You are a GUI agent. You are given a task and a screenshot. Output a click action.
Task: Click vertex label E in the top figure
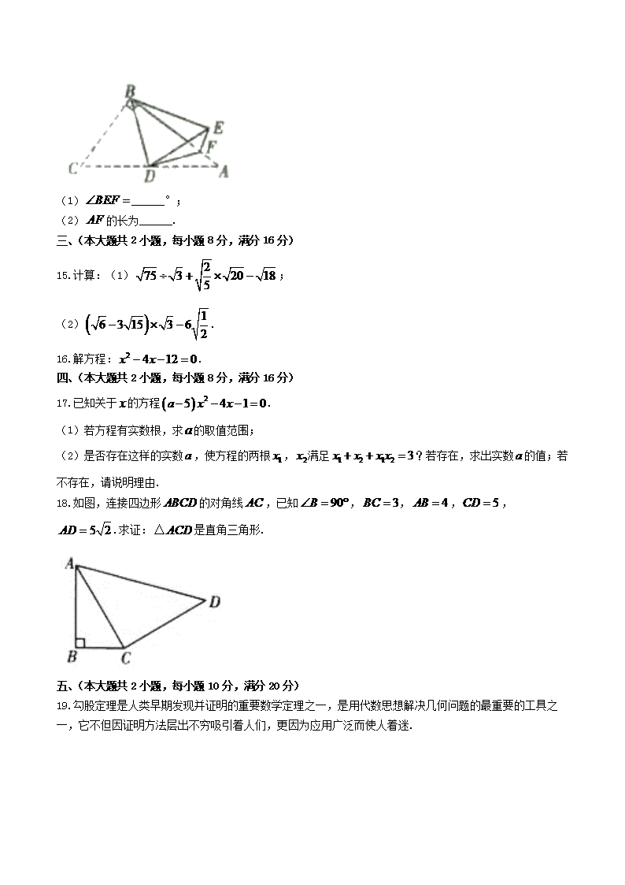(x=218, y=128)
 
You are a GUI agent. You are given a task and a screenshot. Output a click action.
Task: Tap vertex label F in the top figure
(x=212, y=146)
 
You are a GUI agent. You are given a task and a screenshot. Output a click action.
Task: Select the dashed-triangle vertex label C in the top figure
(x=72, y=168)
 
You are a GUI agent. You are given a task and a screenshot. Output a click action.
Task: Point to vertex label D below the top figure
(x=150, y=177)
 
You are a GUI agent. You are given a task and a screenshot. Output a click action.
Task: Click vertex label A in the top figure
(x=224, y=171)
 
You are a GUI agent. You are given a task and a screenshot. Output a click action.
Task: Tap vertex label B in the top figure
(x=130, y=91)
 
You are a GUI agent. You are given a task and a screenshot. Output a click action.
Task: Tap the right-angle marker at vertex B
(x=80, y=643)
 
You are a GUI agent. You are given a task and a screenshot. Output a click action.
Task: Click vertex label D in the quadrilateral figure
(x=214, y=602)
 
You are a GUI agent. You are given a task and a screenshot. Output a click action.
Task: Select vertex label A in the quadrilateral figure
(x=69, y=563)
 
